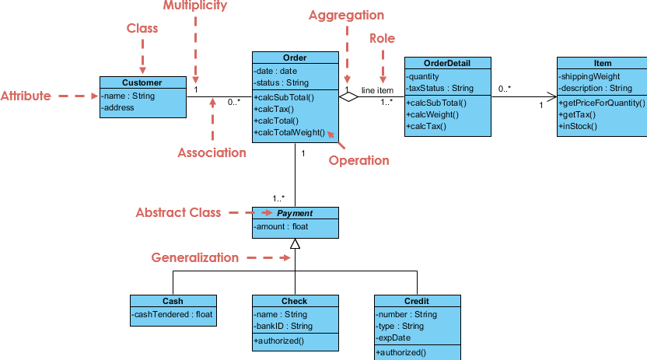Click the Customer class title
click(142, 82)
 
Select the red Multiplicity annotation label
click(195, 5)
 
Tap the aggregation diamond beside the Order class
click(348, 97)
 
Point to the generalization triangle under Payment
click(295, 243)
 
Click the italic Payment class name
click(295, 213)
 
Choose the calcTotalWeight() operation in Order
click(289, 132)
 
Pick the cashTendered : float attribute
click(172, 314)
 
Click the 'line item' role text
click(377, 90)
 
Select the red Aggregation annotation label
click(347, 16)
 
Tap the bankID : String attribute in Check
click(283, 326)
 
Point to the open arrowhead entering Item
click(551, 97)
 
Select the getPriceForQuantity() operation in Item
click(602, 103)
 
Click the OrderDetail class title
click(447, 63)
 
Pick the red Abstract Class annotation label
click(178, 212)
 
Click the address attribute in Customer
click(117, 107)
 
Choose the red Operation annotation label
click(359, 160)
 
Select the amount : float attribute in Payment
click(281, 226)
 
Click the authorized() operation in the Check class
click(279, 341)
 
